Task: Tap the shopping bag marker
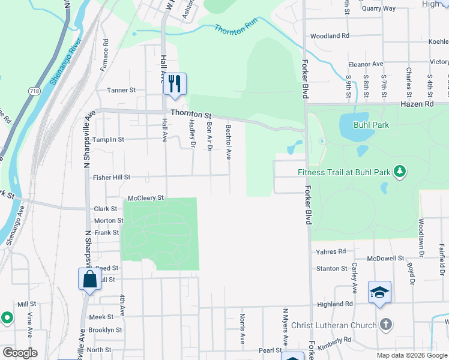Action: (89, 279)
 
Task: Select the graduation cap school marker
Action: (379, 292)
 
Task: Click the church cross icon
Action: (386, 325)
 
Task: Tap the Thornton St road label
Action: (191, 113)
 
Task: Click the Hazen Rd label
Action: (417, 104)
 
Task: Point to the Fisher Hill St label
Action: (111, 178)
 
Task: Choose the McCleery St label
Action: (146, 198)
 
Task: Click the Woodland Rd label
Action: (330, 36)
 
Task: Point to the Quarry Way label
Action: (378, 8)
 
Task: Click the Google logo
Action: (19, 353)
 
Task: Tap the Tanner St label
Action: (121, 90)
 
